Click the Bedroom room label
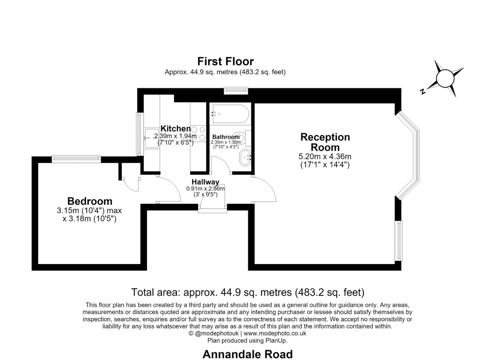click(90, 201)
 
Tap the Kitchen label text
click(175, 128)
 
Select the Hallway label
click(205, 182)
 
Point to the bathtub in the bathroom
click(230, 114)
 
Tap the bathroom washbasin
click(245, 157)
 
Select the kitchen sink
click(152, 138)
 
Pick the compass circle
click(445, 78)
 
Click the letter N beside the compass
click(423, 91)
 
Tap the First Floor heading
click(225, 61)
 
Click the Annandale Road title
click(247, 354)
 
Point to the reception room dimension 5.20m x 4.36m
click(325, 156)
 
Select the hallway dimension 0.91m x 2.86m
click(205, 189)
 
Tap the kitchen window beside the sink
click(139, 134)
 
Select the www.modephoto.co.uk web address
click(275, 333)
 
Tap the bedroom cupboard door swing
click(131, 184)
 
